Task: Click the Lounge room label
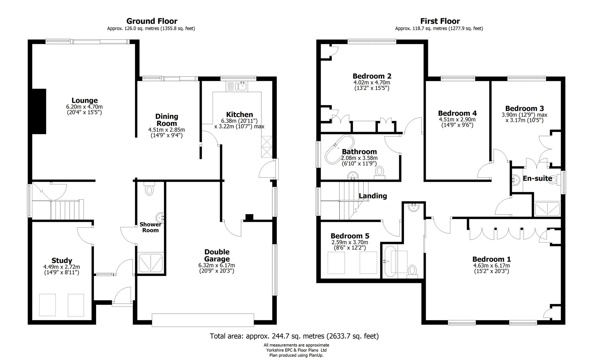pos(84,100)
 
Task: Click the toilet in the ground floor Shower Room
pos(149,190)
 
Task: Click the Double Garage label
pos(217,255)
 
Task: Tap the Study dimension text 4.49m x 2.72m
pos(62,267)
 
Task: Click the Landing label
pos(373,196)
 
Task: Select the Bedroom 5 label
pos(350,236)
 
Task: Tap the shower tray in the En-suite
pos(547,209)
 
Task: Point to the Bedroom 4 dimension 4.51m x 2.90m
pos(457,120)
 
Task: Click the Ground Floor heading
pos(152,21)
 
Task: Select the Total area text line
pos(294,336)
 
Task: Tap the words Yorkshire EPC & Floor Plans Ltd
pos(296,350)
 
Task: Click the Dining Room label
pos(167,120)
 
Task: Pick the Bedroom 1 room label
pos(491,259)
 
